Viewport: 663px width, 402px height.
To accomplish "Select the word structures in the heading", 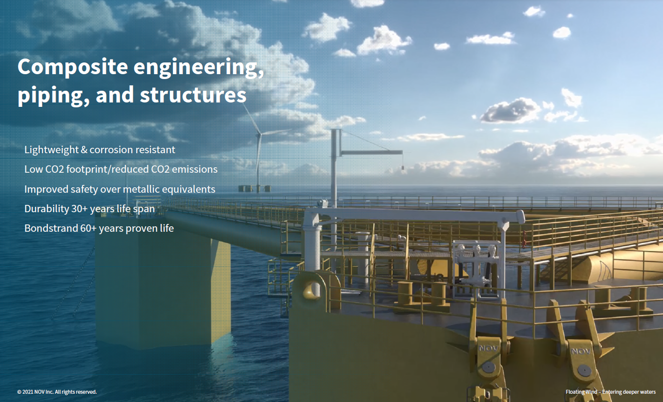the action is coord(193,95).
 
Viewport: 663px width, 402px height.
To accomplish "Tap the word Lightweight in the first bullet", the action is coord(51,150).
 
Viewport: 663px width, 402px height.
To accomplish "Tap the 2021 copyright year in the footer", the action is coord(27,392).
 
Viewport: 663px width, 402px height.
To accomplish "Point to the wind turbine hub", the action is coord(260,134).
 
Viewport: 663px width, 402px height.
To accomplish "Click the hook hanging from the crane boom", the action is coord(402,168).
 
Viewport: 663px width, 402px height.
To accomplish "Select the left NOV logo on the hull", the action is coord(488,348).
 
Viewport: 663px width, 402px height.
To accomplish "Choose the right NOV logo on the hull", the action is coord(581,351).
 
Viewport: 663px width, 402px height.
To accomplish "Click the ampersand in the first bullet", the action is coord(84,150).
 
